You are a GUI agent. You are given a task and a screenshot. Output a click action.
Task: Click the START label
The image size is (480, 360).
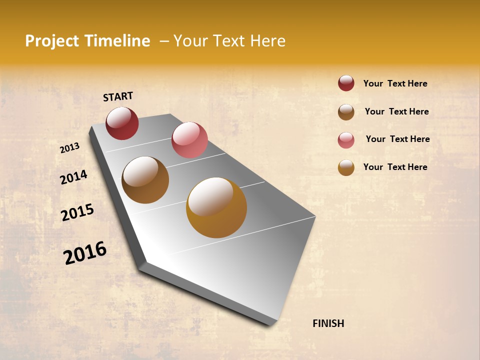click(118, 96)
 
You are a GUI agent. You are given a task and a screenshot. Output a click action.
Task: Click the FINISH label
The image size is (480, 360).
click(328, 323)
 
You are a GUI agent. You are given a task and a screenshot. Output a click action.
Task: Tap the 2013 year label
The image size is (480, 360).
click(69, 148)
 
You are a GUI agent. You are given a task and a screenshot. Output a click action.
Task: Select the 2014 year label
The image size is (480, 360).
click(73, 177)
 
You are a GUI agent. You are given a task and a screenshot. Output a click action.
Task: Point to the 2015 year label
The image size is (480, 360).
click(77, 212)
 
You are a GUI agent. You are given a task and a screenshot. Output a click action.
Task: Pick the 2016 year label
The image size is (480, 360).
click(85, 253)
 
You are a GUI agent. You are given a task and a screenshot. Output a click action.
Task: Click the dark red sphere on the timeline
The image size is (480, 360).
click(122, 123)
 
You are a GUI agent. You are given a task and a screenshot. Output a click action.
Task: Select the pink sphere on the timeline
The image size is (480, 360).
click(189, 139)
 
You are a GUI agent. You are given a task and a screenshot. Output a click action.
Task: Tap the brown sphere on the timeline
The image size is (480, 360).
click(145, 180)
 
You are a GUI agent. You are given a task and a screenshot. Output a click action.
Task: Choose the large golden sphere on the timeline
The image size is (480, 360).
click(216, 207)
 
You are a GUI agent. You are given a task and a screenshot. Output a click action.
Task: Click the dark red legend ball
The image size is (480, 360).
click(346, 83)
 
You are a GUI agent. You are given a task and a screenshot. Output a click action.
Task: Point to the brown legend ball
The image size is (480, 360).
click(346, 112)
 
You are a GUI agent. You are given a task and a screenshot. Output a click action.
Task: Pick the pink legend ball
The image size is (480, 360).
click(346, 140)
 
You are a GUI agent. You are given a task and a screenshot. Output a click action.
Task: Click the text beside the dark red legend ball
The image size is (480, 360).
click(395, 83)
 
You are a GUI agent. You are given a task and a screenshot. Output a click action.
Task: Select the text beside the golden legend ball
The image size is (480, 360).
click(395, 167)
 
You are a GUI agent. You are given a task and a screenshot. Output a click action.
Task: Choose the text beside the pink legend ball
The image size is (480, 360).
click(397, 139)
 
